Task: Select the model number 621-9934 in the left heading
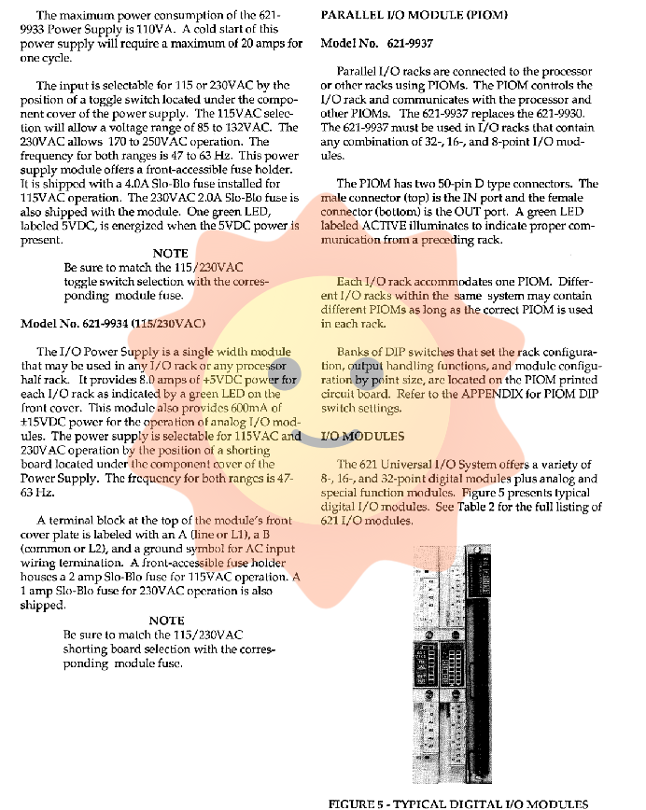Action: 102,323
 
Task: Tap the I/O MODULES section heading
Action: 362,436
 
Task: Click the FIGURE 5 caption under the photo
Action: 458,803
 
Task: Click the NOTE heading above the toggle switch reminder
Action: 170,253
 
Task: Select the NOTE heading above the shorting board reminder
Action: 167,620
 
